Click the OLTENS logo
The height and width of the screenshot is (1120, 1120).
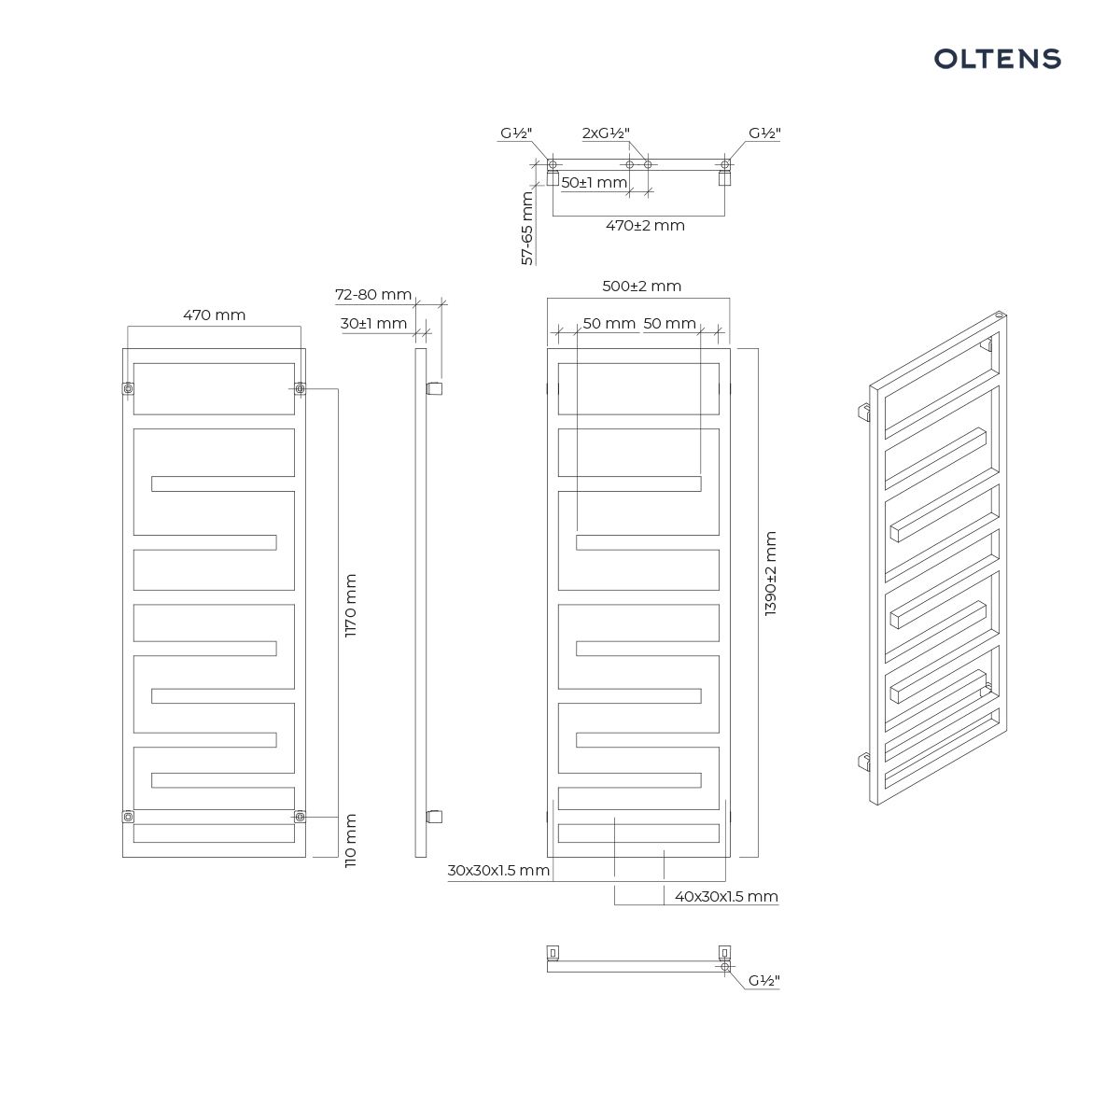click(998, 59)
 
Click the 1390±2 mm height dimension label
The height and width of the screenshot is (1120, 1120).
click(770, 573)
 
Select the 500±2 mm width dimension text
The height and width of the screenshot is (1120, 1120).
click(641, 286)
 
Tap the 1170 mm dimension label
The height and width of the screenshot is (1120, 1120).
click(351, 606)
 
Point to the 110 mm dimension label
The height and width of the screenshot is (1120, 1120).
click(351, 840)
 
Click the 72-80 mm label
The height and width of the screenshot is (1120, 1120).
click(373, 295)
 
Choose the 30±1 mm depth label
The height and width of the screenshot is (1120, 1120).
click(373, 324)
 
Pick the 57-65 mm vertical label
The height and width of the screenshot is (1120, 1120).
click(527, 229)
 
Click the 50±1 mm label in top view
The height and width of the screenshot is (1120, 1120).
click(594, 183)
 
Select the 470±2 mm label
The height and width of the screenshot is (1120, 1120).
click(645, 226)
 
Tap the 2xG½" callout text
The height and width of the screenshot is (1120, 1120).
click(607, 133)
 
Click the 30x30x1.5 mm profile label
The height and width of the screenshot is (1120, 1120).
click(498, 870)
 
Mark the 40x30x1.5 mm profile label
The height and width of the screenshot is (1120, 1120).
click(726, 896)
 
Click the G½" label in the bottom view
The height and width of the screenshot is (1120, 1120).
click(763, 981)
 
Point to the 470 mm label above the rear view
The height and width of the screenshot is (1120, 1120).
click(215, 315)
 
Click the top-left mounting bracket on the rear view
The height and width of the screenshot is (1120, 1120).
click(129, 388)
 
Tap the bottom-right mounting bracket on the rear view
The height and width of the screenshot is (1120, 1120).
click(300, 817)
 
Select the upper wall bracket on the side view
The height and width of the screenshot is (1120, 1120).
click(434, 388)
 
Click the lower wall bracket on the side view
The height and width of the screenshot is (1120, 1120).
click(434, 817)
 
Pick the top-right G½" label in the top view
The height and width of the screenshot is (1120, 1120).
click(764, 133)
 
